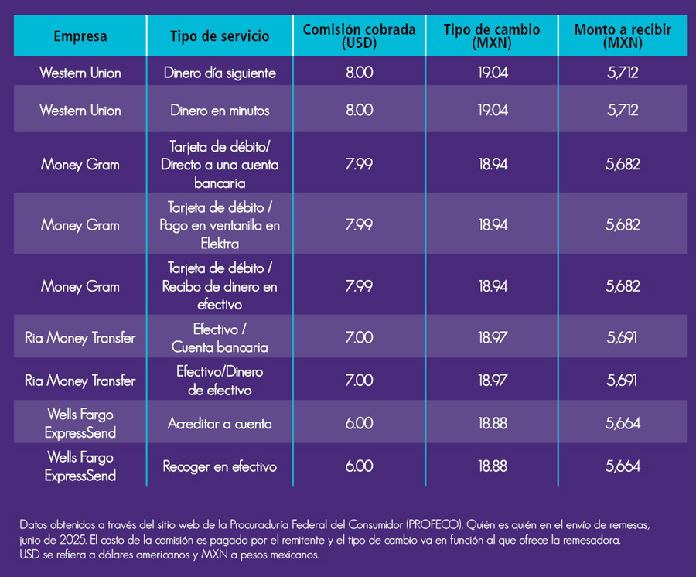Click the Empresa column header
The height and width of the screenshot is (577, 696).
[80, 36]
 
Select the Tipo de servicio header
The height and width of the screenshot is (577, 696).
[220, 36]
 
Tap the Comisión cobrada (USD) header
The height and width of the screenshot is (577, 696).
[359, 36]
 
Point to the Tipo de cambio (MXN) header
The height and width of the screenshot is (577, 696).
[492, 36]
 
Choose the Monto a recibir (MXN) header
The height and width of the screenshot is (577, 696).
[623, 36]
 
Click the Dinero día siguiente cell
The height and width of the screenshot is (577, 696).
[220, 73]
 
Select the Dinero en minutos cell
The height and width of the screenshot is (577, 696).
[220, 111]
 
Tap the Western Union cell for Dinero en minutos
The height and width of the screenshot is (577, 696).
[80, 111]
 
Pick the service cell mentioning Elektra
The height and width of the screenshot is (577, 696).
[220, 225]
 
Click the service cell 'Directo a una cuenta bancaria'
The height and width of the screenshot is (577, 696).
[220, 165]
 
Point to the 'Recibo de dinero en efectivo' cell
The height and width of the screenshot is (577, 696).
[220, 286]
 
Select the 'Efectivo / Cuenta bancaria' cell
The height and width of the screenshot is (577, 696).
[220, 338]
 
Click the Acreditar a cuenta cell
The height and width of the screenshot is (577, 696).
[220, 423]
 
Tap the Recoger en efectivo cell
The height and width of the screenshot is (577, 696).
[220, 466]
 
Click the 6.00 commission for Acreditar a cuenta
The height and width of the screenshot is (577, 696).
[359, 423]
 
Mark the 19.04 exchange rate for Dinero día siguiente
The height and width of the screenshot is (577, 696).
[493, 73]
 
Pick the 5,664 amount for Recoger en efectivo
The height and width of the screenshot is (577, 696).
[623, 466]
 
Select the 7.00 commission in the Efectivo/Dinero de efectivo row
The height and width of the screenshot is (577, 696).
[359, 381]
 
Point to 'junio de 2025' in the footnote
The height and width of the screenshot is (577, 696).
[48, 538]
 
